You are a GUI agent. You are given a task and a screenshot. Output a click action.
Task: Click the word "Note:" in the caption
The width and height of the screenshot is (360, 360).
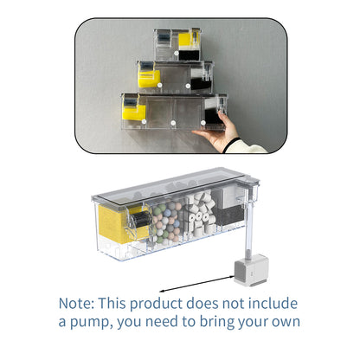tap(76, 304)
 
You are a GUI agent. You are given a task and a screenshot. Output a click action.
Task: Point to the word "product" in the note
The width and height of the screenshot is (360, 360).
tap(156, 304)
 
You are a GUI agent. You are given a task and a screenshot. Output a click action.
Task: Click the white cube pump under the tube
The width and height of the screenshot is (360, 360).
tap(251, 270)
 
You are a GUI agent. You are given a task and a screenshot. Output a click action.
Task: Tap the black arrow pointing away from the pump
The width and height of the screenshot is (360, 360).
tap(196, 284)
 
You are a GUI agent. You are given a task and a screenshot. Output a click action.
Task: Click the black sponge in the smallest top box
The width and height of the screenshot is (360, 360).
tap(189, 55)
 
